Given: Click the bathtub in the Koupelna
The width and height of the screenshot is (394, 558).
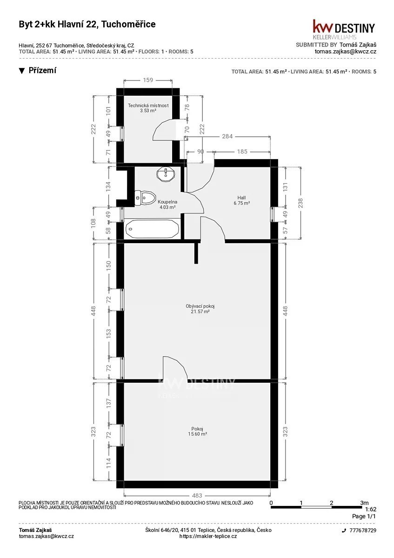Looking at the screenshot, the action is tap(152, 229).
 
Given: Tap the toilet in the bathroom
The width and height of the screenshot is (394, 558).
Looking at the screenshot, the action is tap(145, 198).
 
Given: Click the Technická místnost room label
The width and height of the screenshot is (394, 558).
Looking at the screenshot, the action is tap(148, 106).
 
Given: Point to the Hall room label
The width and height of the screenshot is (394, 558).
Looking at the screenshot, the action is tap(241, 198).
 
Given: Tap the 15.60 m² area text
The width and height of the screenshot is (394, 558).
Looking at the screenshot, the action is tap(198, 434).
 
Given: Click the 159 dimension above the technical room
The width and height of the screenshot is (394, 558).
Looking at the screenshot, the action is tap(148, 80).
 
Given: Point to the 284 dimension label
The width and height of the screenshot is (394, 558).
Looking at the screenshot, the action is tap(227, 136).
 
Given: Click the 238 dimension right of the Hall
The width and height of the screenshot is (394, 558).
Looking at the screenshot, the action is tap(301, 203).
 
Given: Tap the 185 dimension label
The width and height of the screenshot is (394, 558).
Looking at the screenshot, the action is tap(242, 152).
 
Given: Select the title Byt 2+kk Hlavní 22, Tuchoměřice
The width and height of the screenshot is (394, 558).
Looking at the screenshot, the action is tap(87, 24).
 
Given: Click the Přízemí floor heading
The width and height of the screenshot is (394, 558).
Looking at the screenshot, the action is tap(42, 70).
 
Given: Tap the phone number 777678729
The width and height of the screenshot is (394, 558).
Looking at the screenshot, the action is tap(363, 531).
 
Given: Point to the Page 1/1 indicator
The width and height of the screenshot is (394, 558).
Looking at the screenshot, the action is tap(364, 517).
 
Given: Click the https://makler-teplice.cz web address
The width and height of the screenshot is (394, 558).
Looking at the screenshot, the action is tap(208, 536).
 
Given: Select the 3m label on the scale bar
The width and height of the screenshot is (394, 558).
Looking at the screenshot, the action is tap(364, 503).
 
